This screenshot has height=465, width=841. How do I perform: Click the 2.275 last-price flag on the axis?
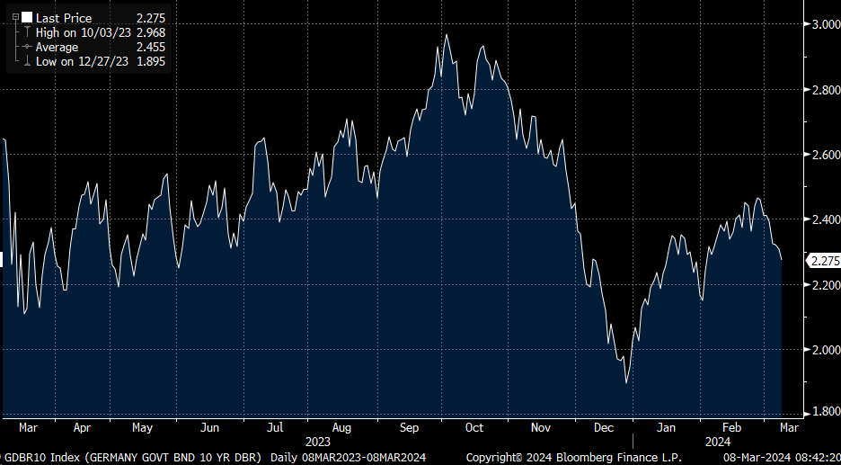pyautogui.click(x=824, y=262)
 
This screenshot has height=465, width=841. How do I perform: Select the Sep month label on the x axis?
pyautogui.click(x=409, y=427)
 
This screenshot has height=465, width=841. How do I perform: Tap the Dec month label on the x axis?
pyautogui.click(x=604, y=427)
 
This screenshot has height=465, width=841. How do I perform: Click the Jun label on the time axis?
pyautogui.click(x=209, y=427)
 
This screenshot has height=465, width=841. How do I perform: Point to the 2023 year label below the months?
pyautogui.click(x=318, y=442)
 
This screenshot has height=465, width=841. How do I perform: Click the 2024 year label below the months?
pyautogui.click(x=718, y=442)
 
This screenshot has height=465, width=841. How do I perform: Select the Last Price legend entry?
pyautogui.click(x=63, y=18)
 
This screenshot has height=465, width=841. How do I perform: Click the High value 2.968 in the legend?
pyautogui.click(x=149, y=32)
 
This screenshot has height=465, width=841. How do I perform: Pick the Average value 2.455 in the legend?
pyautogui.click(x=149, y=47)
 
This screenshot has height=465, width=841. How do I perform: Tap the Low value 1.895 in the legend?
pyautogui.click(x=149, y=61)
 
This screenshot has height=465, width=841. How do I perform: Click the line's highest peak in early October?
pyautogui.click(x=447, y=35)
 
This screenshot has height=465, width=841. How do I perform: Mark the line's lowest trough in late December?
pyautogui.click(x=626, y=383)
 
